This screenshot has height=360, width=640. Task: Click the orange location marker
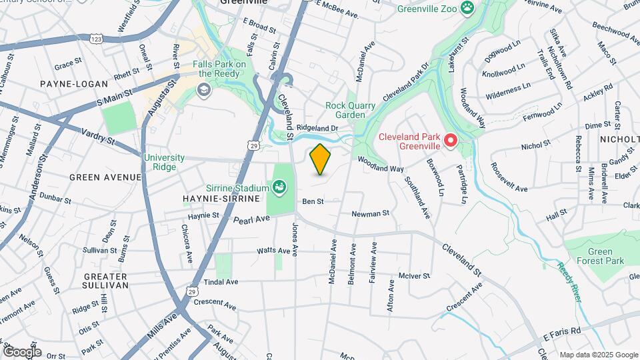tap(321, 159)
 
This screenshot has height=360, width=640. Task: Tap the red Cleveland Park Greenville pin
tap(451, 140)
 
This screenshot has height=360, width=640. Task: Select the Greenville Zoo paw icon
tap(470, 9)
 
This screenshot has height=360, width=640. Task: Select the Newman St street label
tap(370, 214)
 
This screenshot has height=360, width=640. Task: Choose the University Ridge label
tap(163, 162)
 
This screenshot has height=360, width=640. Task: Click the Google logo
tap(21, 351)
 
